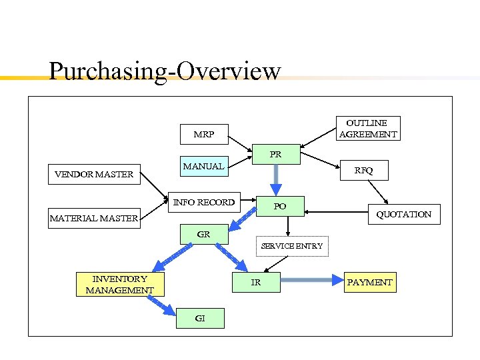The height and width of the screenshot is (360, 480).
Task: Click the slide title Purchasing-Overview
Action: point(165,71)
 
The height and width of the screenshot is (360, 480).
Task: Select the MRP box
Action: point(204,134)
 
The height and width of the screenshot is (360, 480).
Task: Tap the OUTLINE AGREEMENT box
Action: point(367,129)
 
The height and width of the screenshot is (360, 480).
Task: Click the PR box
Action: point(276,154)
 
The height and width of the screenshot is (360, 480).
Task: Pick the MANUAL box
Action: point(204,166)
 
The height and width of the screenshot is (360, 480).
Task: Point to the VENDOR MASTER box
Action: point(94,175)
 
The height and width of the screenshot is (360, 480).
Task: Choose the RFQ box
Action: point(363,171)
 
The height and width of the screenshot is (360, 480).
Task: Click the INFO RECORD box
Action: point(204,202)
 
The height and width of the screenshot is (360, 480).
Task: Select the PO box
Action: point(280,206)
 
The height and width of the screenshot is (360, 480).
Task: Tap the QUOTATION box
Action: point(403,214)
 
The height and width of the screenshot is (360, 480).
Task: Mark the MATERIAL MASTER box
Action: point(94,218)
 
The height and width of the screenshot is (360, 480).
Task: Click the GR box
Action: point(204,235)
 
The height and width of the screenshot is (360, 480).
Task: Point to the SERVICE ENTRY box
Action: point(292,246)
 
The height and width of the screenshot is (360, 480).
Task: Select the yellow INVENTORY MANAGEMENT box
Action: point(120,284)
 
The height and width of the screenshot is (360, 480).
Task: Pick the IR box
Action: point(256,282)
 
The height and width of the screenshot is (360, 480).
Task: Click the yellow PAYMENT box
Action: point(370,282)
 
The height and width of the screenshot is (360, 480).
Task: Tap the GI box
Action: point(200,319)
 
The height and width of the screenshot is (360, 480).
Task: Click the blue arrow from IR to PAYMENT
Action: point(311,282)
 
